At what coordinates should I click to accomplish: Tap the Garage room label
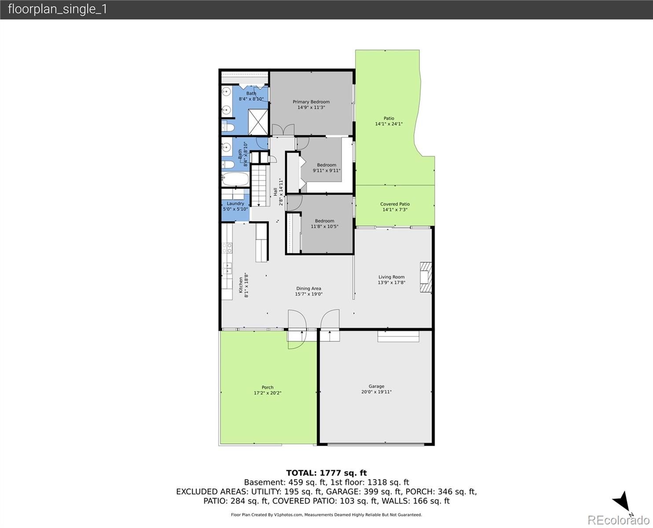(376, 386)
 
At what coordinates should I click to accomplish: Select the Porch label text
(268, 387)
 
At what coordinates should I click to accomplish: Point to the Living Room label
(391, 277)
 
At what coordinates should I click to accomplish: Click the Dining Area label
(308, 288)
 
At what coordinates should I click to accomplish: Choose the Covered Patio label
(395, 204)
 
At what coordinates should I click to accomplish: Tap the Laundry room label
(235, 203)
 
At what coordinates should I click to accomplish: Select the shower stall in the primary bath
(258, 121)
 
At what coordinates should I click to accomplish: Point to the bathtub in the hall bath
(235, 179)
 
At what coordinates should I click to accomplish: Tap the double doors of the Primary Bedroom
(283, 130)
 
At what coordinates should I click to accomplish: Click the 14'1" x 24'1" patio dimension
(389, 124)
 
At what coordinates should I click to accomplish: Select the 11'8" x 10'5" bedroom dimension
(324, 227)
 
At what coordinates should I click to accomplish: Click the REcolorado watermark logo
(619, 520)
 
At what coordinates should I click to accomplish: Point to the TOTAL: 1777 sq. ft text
(326, 473)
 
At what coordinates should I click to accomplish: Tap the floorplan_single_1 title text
(58, 9)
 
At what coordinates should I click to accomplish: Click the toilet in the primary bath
(228, 127)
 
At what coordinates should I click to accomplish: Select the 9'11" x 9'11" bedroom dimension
(326, 170)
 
